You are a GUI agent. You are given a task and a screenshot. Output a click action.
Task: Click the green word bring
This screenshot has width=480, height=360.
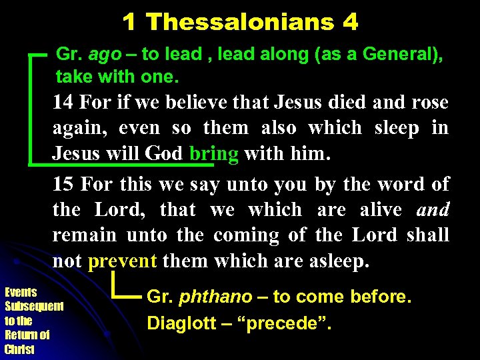213,153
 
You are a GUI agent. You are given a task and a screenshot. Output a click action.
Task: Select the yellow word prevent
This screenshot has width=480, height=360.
122,261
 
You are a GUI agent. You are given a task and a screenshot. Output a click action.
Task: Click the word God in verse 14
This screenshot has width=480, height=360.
163,153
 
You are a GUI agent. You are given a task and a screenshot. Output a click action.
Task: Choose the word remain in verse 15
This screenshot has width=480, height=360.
84,235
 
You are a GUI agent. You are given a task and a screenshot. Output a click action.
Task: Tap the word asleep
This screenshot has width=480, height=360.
339,261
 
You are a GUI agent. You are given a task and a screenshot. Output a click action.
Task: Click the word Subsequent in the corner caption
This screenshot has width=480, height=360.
34,307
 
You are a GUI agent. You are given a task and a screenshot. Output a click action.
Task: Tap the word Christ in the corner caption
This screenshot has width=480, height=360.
18,349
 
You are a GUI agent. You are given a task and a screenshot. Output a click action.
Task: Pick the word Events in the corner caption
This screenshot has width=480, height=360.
21,292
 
